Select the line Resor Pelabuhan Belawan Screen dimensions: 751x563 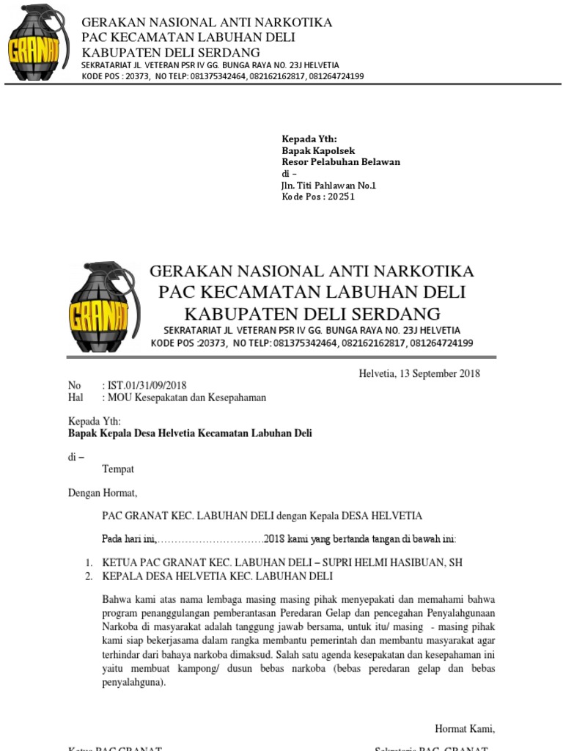tap(341, 162)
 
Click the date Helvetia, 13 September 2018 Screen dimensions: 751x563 tap(419, 373)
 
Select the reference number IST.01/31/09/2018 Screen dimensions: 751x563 tap(147, 386)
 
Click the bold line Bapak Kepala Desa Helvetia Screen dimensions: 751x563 tap(190, 433)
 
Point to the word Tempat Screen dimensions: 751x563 tap(117, 469)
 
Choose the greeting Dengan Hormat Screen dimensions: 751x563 tap(102, 493)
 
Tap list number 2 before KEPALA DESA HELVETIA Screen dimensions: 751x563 tap(88, 576)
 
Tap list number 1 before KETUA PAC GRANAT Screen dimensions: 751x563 tap(88, 563)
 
